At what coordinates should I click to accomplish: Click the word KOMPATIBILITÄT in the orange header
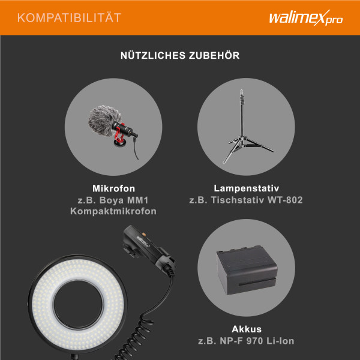(69, 17)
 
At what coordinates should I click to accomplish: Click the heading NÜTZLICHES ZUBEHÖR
(180, 56)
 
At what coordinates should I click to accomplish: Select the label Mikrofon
(113, 188)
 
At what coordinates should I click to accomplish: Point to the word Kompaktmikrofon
(113, 211)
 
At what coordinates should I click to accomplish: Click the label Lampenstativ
(246, 188)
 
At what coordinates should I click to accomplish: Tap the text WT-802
(284, 199)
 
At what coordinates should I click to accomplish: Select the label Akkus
(246, 329)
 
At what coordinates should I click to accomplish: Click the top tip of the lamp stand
(242, 92)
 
